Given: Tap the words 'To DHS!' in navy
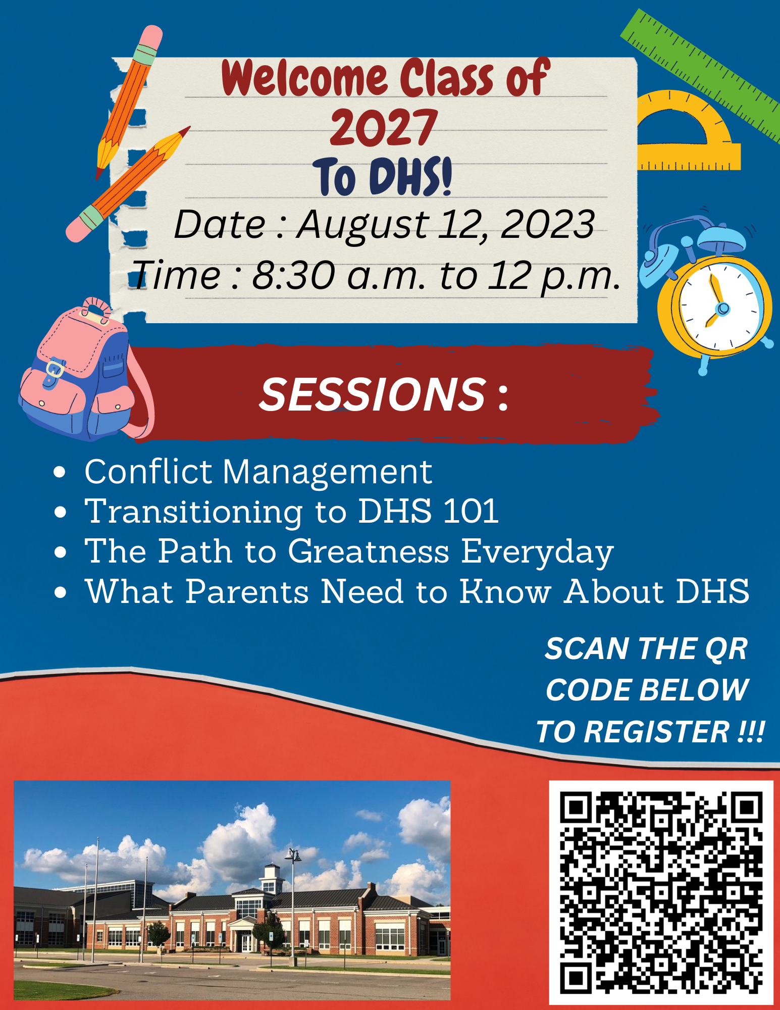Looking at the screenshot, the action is click(382, 176).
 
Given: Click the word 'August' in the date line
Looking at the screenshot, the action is click(362, 225).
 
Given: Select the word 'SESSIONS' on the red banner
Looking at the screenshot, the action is click(373, 394).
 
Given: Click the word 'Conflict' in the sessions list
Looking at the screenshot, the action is click(148, 472).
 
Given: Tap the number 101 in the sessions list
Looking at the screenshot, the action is click(471, 511).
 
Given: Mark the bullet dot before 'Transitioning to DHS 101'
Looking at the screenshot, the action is click(60, 512).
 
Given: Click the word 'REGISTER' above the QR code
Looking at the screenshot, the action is click(657, 732).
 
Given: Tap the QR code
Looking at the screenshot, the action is click(661, 892).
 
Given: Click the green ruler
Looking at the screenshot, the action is click(702, 76).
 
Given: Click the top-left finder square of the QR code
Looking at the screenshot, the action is click(576, 807).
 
